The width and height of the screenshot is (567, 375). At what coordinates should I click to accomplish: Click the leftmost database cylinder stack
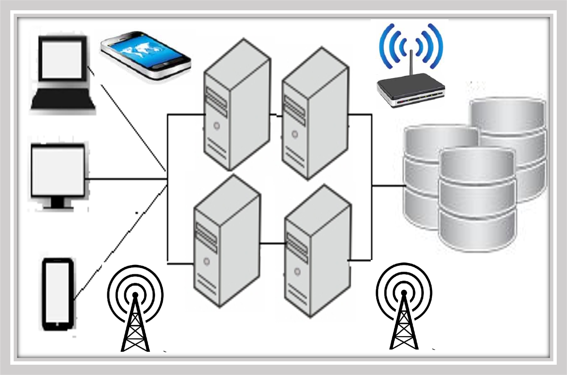425,175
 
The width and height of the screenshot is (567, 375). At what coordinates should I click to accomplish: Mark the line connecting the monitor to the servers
125,179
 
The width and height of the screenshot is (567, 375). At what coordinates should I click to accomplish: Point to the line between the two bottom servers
272,243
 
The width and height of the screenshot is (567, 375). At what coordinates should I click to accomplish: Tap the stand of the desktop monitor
57,204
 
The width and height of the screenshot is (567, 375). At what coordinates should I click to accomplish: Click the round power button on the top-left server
217,126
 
